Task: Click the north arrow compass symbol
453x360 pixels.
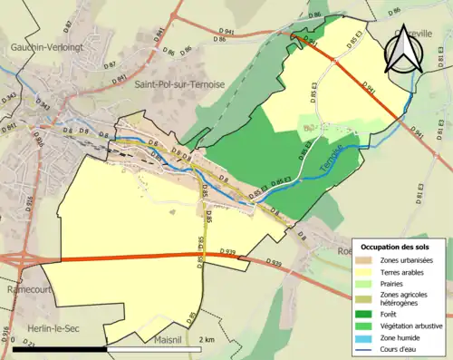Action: pyautogui.click(x=404, y=50)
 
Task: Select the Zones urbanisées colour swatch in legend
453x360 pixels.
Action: pyautogui.click(x=367, y=260)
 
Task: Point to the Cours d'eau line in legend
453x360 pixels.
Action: pyautogui.click(x=367, y=344)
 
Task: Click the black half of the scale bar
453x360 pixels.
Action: pyautogui.click(x=60, y=348)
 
